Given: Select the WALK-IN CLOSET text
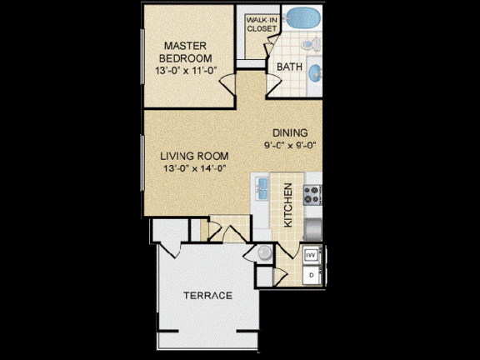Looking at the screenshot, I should (x=261, y=24).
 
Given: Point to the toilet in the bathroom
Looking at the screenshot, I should (x=308, y=43).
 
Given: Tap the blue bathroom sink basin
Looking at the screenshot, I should (x=315, y=73).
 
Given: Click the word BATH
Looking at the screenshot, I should (x=288, y=66).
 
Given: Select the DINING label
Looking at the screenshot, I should (x=290, y=132).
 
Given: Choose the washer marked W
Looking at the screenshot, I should (x=311, y=255).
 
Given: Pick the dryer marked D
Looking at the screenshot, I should (x=311, y=274).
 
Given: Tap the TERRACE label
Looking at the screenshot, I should (x=207, y=296).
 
